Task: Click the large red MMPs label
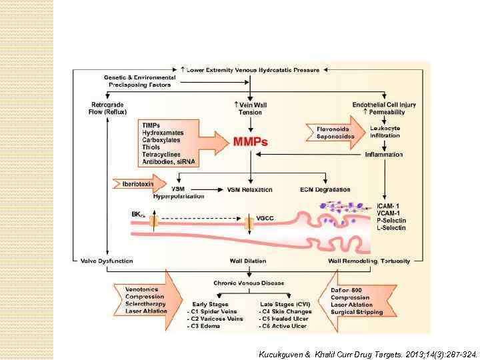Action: [x=251, y=142]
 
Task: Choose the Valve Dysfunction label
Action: [x=107, y=261]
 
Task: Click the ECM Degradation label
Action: [x=325, y=189]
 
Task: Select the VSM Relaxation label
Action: [x=250, y=189]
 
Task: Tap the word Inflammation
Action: [x=383, y=155]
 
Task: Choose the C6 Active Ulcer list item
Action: [x=283, y=325]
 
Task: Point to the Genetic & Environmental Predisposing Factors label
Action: [x=140, y=81]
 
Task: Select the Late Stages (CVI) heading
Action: [x=284, y=304]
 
